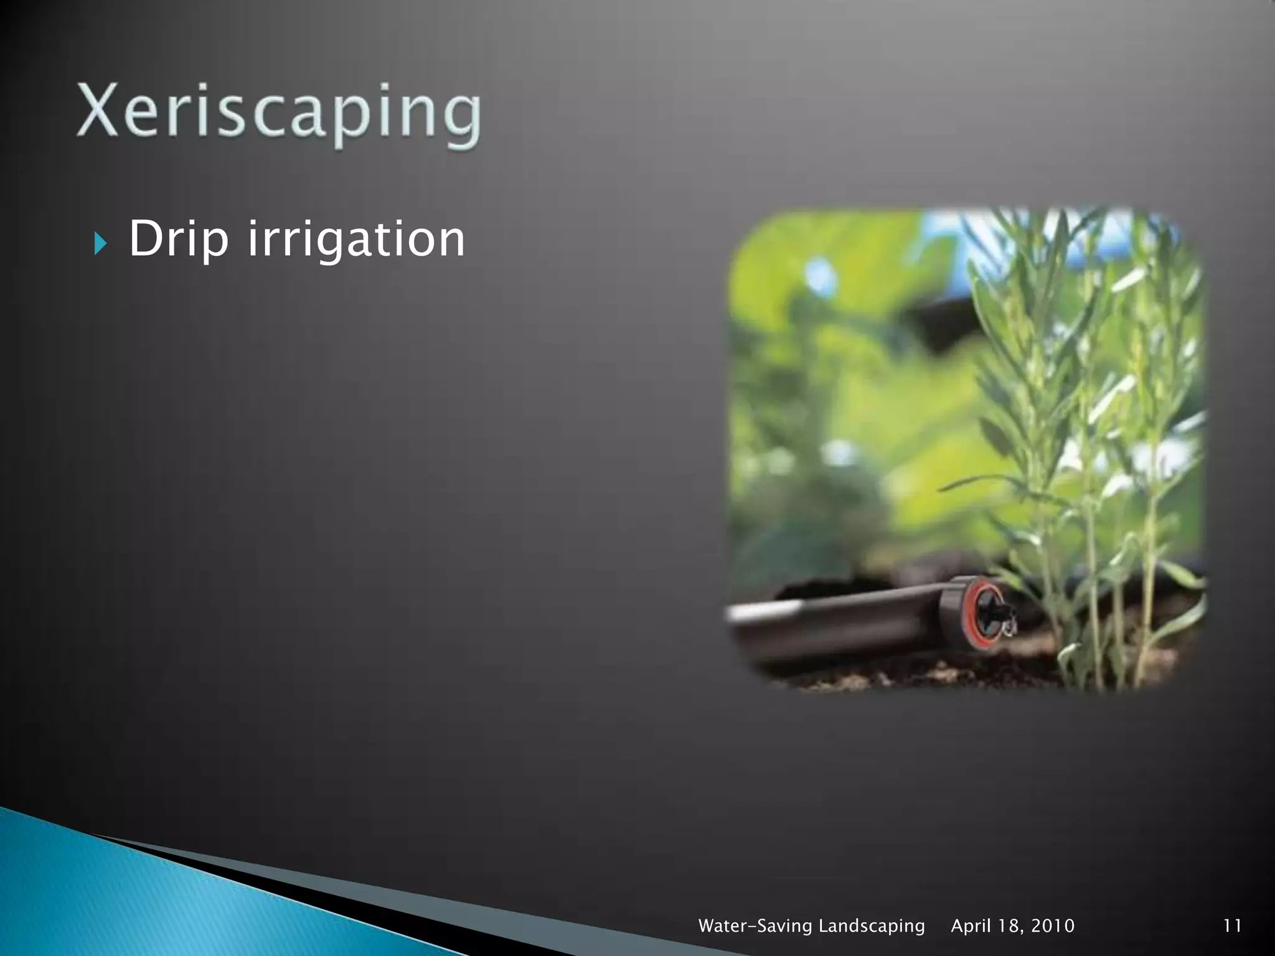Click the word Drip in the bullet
(179, 238)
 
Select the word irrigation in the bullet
(356, 238)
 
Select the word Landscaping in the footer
(871, 926)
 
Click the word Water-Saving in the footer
(755, 926)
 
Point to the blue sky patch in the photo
(946, 237)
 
